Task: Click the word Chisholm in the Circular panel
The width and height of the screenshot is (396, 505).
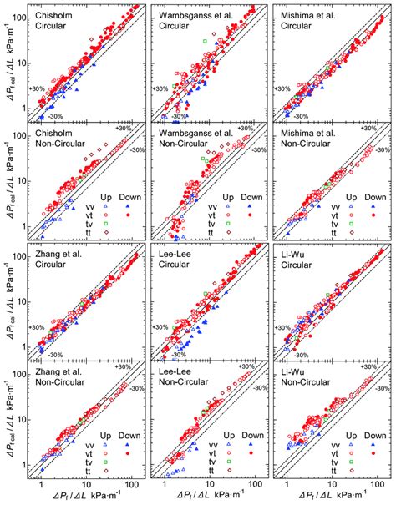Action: (x=54, y=14)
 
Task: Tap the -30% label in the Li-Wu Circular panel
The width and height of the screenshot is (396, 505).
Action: (x=302, y=356)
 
